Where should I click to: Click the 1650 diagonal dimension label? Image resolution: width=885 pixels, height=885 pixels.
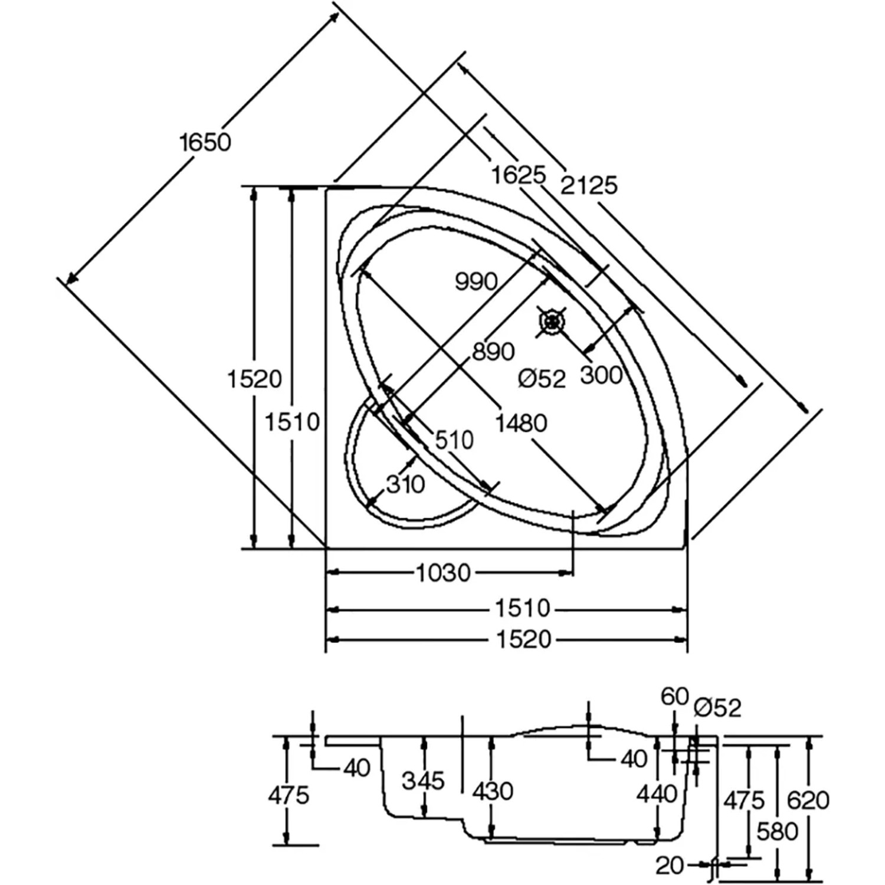click(x=205, y=142)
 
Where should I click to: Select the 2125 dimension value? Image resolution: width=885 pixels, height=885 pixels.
click(x=588, y=185)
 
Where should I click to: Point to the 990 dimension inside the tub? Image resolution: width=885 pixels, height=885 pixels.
click(x=476, y=281)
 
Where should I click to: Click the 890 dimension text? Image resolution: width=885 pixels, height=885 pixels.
click(x=493, y=352)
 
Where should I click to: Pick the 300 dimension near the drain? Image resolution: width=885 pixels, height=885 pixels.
click(x=601, y=375)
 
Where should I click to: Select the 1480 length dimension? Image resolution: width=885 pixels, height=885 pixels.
click(x=521, y=423)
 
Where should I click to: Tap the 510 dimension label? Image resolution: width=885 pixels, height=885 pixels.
click(x=454, y=440)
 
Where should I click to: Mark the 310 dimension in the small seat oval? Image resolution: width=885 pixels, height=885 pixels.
click(x=405, y=484)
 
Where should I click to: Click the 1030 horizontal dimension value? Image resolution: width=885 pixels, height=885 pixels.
click(x=444, y=572)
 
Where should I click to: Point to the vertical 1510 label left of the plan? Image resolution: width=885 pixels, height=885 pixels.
click(x=292, y=422)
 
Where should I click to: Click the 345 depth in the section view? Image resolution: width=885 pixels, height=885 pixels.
click(x=423, y=781)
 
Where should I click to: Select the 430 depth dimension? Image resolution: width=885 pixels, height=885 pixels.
click(x=493, y=791)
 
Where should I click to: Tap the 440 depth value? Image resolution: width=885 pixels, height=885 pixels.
click(x=657, y=794)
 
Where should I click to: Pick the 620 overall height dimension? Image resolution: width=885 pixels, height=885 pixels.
click(x=808, y=801)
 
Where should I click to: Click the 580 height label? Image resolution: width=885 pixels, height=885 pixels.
click(x=778, y=832)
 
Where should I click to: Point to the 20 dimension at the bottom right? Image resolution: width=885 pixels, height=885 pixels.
click(x=670, y=866)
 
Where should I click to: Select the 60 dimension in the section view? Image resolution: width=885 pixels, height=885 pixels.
click(x=675, y=697)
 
